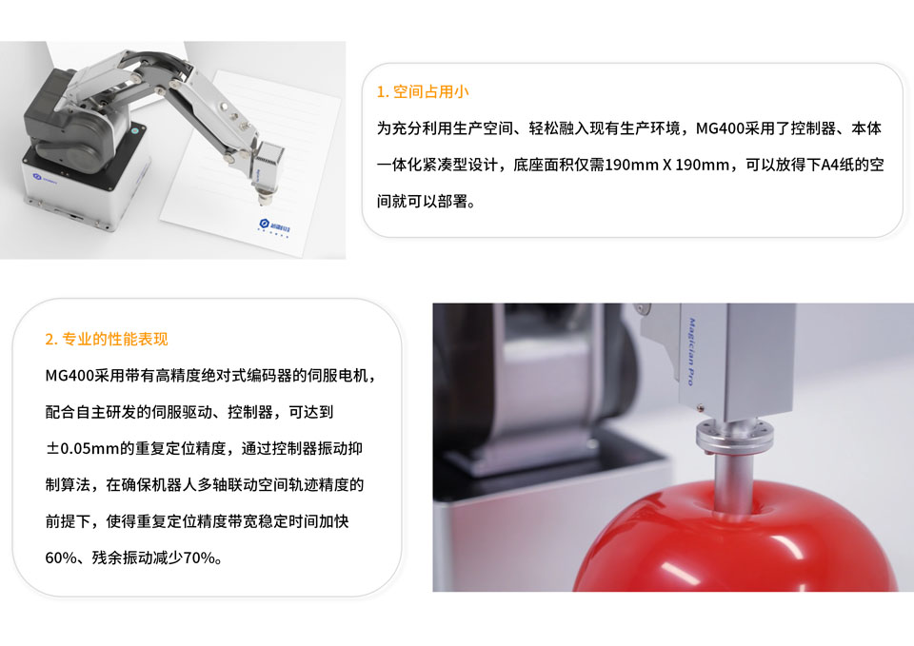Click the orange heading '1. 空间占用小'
423,92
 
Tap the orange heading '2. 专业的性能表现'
107,339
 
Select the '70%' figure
199,558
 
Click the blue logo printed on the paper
274,225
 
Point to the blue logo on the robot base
45,178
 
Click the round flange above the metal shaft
734,438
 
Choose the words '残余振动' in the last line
123,558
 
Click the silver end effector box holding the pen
268,160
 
